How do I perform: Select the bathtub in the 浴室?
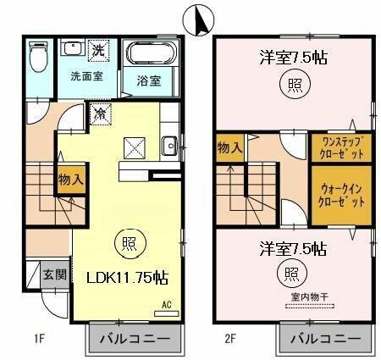[150, 57]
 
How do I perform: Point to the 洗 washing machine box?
[99, 51]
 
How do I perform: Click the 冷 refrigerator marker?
[100, 111]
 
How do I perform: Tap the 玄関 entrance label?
[54, 274]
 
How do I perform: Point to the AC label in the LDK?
[167, 303]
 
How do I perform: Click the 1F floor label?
[38, 341]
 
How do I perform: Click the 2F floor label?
[229, 341]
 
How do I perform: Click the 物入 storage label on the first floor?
[69, 180]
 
